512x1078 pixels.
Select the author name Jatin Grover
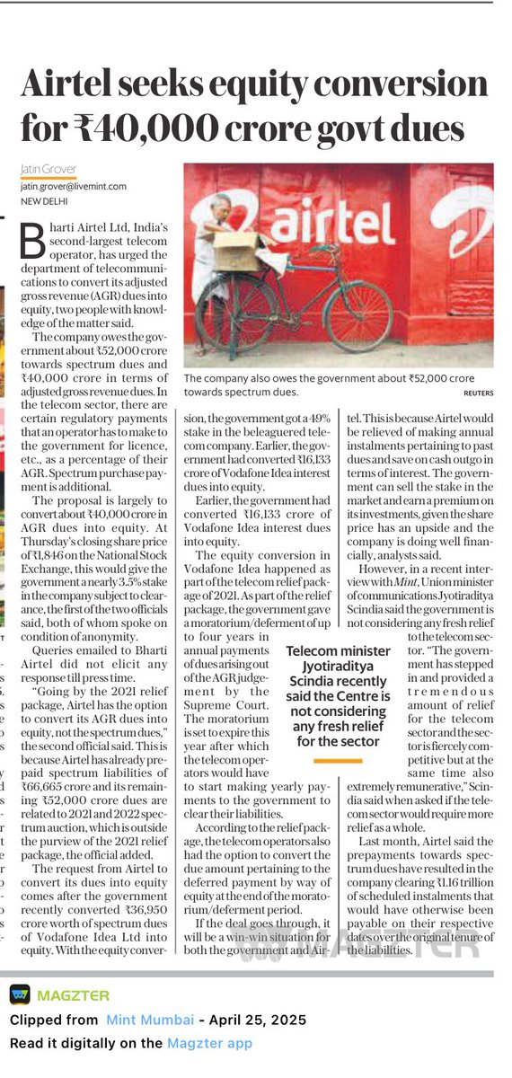[x=49, y=170]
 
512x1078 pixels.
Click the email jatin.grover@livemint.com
[x=74, y=187]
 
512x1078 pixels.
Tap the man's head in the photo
[x=224, y=206]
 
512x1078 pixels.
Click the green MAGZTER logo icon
[x=18, y=995]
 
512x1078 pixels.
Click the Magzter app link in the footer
[x=209, y=1043]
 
